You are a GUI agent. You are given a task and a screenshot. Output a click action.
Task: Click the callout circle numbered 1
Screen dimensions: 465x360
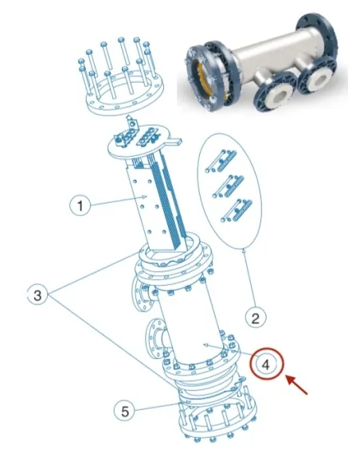pos(80,205)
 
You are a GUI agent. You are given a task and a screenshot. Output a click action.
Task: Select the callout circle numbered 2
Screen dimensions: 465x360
pos(254,319)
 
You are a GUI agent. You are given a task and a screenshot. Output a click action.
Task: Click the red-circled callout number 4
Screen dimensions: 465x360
pos(269,365)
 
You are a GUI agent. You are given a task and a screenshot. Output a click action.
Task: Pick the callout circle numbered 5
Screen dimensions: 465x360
pos(123,411)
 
